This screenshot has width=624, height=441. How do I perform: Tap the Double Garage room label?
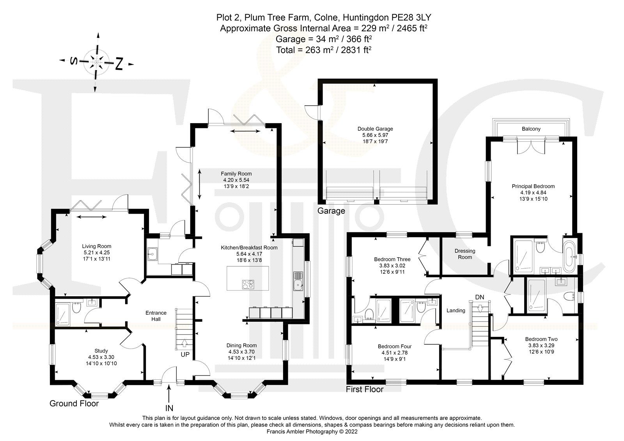(x=375, y=129)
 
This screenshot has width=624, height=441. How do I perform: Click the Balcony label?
(x=531, y=129)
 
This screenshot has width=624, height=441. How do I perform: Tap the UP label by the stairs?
(x=184, y=355)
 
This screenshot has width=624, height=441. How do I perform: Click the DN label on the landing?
(x=479, y=297)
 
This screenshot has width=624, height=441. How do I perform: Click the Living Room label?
(x=96, y=246)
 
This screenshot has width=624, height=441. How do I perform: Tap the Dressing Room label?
(x=464, y=254)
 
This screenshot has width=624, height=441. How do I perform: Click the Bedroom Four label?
(x=394, y=346)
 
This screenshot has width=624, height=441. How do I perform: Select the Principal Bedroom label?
(x=533, y=186)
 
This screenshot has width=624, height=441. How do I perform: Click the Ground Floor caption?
(x=74, y=404)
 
